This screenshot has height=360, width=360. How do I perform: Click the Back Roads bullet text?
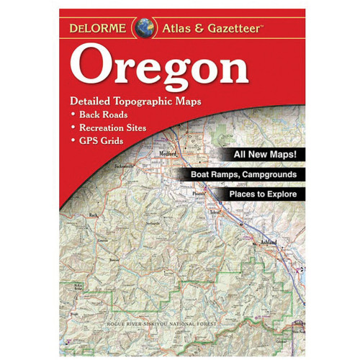[x=104, y=114]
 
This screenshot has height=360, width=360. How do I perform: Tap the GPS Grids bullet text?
[x=102, y=140]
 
